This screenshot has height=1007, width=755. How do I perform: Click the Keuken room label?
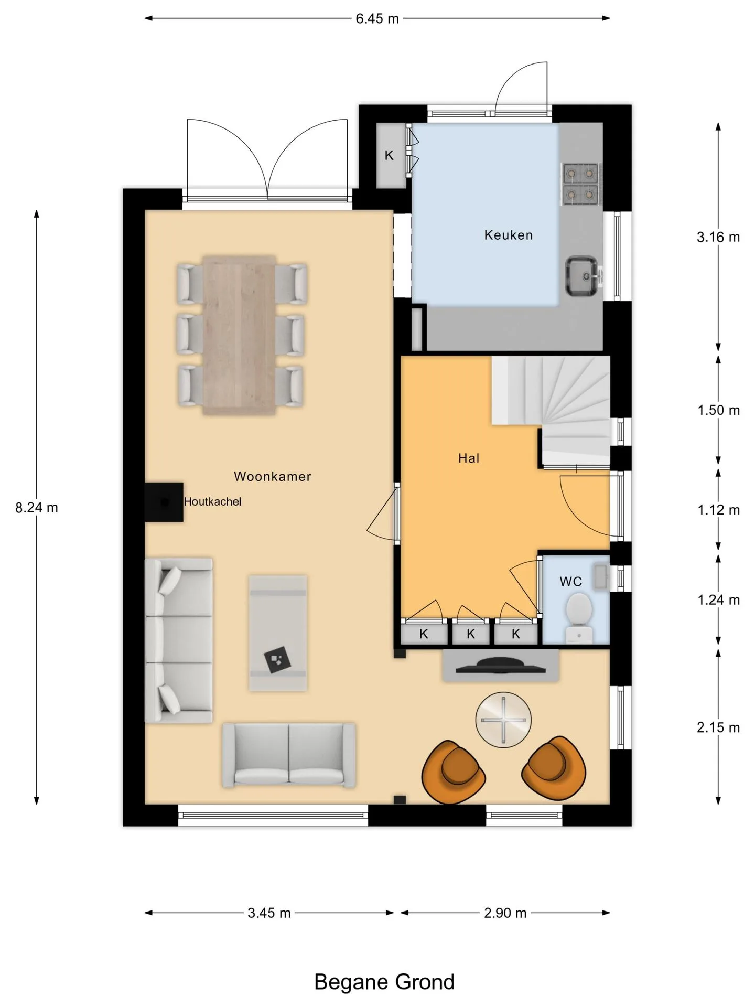pyautogui.click(x=508, y=235)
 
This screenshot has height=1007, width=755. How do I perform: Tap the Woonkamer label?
pyautogui.click(x=272, y=476)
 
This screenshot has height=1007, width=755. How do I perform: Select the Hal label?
pyautogui.click(x=468, y=458)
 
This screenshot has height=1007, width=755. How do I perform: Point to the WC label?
pyautogui.click(x=570, y=581)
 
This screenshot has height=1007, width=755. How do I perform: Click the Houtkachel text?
pyautogui.click(x=212, y=501)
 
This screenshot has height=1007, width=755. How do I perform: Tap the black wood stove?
pyautogui.click(x=164, y=502)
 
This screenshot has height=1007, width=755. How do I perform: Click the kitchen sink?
pyautogui.click(x=581, y=276)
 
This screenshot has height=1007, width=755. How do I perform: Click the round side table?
pyautogui.click(x=503, y=720)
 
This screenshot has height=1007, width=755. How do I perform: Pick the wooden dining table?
pyautogui.click(x=240, y=335)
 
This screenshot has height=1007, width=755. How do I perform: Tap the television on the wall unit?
pyautogui.click(x=501, y=666)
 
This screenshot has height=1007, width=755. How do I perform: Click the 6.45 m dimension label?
pyautogui.click(x=377, y=18)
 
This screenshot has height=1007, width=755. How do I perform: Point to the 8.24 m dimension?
pyautogui.click(x=36, y=508)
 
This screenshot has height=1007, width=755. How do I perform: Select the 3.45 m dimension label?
pyautogui.click(x=269, y=913)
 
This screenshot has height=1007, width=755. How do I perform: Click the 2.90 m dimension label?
pyautogui.click(x=505, y=913)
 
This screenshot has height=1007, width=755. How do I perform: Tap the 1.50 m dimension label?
pyautogui.click(x=718, y=410)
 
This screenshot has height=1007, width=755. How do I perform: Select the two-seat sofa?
pyautogui.click(x=289, y=755)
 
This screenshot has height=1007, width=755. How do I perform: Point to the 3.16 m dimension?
pyautogui.click(x=718, y=237)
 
